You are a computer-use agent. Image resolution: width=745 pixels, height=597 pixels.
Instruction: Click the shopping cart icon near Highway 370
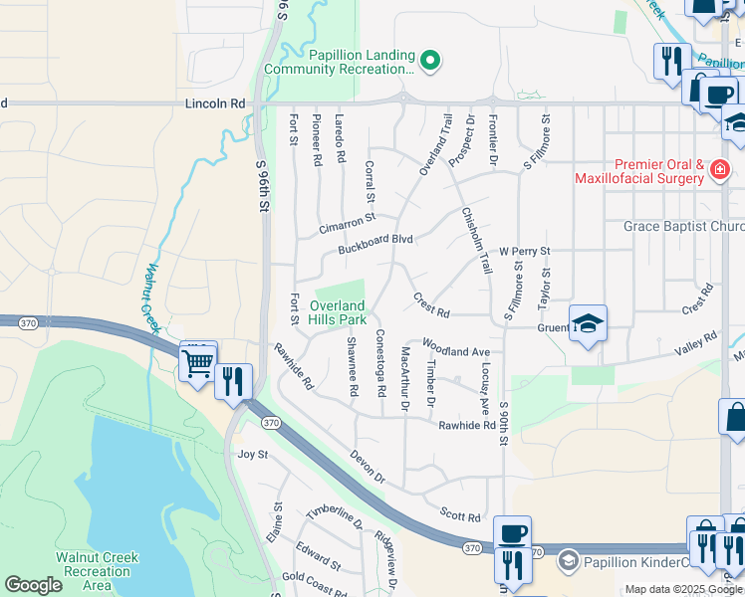click(x=198, y=363)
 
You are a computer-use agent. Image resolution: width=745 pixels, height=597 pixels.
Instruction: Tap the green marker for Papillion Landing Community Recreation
click(x=430, y=62)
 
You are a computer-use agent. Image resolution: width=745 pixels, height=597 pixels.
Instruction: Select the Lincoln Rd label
click(x=214, y=103)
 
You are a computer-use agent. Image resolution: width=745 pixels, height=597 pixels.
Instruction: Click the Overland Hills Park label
click(x=338, y=312)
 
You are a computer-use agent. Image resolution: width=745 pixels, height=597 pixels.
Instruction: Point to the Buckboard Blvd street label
click(x=374, y=240)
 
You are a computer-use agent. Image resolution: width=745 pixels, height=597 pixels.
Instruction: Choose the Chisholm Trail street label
click(x=476, y=240)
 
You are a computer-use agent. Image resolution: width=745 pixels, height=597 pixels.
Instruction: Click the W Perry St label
click(x=525, y=252)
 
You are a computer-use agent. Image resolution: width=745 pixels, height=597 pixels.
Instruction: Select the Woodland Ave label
click(x=456, y=352)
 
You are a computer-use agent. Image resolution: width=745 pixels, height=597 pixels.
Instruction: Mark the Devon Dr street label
click(x=367, y=468)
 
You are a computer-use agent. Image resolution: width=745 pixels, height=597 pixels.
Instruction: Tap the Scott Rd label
click(x=460, y=517)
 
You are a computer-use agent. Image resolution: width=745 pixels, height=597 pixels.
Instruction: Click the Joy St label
click(x=252, y=455)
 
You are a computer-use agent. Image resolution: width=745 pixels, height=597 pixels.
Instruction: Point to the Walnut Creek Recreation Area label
click(x=97, y=571)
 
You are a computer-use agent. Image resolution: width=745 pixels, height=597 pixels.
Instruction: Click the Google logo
click(x=33, y=585)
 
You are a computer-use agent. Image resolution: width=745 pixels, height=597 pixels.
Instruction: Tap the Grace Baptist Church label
click(x=683, y=227)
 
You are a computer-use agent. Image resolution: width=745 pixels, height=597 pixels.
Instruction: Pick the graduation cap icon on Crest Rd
click(x=588, y=323)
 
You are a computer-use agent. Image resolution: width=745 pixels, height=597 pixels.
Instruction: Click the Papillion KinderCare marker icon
click(x=568, y=560)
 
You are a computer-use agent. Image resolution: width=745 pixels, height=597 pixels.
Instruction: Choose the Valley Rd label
click(x=695, y=341)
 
